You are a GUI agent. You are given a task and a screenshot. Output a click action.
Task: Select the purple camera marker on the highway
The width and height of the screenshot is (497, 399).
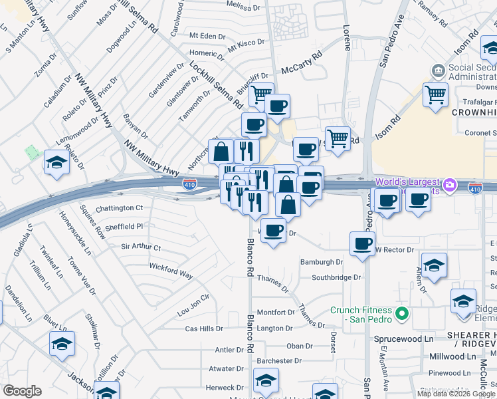point(450,184)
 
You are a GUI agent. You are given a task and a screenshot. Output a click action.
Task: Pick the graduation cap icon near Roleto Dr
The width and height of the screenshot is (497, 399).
point(56,163)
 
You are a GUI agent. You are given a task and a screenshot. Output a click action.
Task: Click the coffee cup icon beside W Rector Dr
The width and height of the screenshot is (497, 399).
point(362,244)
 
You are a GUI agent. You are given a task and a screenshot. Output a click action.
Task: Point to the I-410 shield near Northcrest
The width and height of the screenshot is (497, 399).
point(189,184)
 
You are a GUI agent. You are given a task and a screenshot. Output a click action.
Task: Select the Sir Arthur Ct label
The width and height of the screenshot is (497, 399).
point(141,247)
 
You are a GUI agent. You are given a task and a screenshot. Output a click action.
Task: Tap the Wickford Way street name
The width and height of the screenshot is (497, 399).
point(171,271)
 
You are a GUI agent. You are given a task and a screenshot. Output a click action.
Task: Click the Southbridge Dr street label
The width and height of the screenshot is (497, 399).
point(336,277)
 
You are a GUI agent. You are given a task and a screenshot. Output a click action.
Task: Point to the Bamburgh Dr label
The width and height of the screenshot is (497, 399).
point(321,263)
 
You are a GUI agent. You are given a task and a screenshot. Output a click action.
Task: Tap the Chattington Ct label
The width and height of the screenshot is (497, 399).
point(120,208)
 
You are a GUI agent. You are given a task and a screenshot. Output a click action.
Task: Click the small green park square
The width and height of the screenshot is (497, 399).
point(32,152)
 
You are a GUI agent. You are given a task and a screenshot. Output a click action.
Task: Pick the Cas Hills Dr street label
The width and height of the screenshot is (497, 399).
point(204,329)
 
